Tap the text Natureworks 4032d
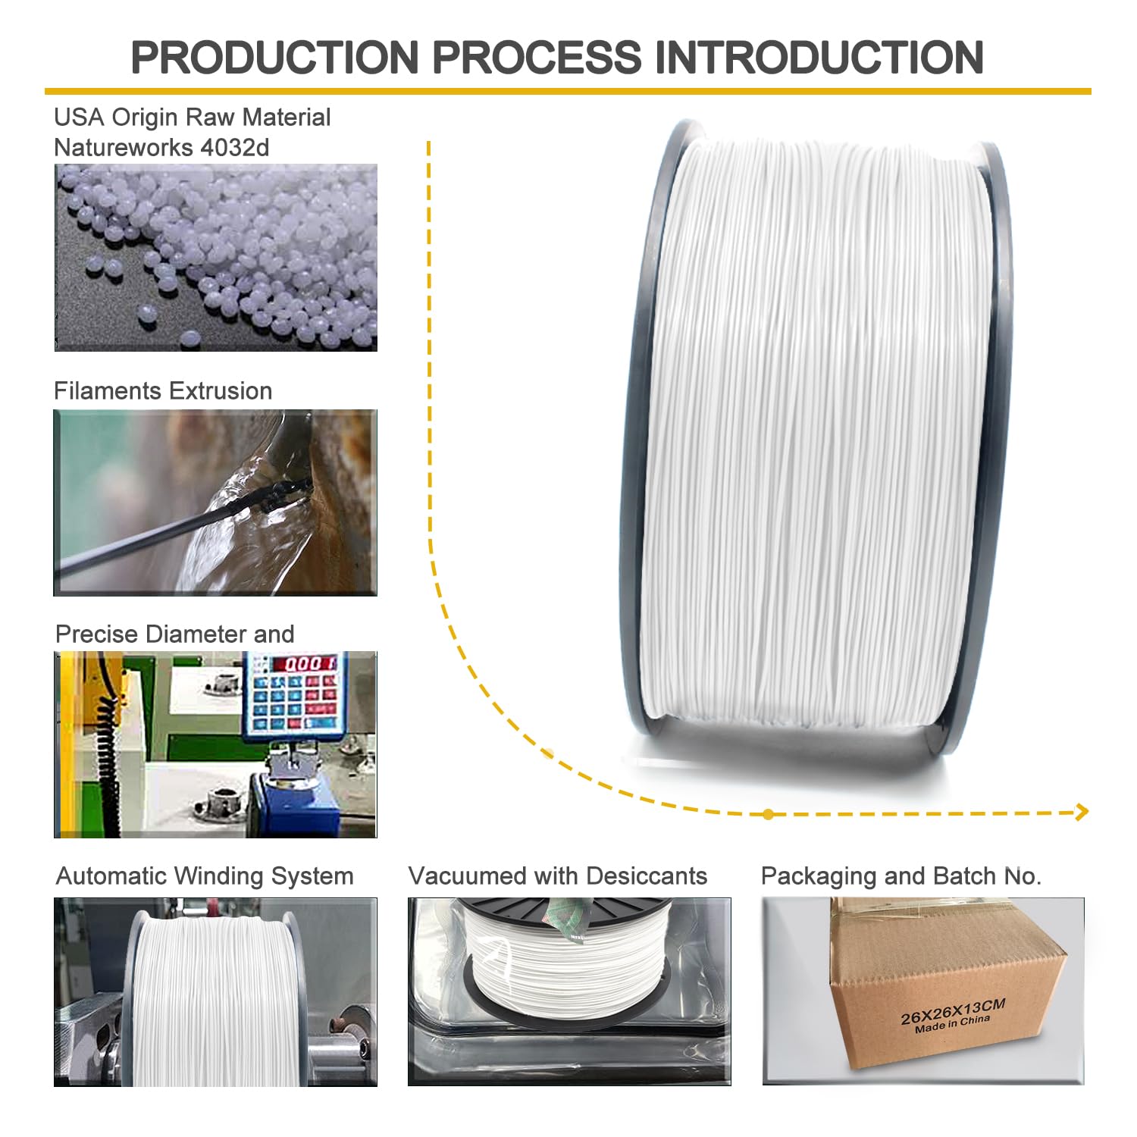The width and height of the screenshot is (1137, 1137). (161, 147)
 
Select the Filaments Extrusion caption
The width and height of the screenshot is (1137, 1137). (163, 391)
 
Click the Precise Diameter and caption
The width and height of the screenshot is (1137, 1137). (175, 634)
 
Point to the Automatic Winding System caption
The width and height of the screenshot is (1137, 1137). (205, 876)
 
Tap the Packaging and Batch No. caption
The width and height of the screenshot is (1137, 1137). (901, 876)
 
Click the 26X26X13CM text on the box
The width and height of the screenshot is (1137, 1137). (952, 1013)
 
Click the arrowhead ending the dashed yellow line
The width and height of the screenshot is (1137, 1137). (1083, 813)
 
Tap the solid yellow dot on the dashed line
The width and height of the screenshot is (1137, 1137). (769, 814)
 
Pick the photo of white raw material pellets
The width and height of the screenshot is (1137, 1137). (216, 258)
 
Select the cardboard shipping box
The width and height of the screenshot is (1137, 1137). (947, 985)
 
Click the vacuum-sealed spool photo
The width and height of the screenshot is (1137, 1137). (568, 991)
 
